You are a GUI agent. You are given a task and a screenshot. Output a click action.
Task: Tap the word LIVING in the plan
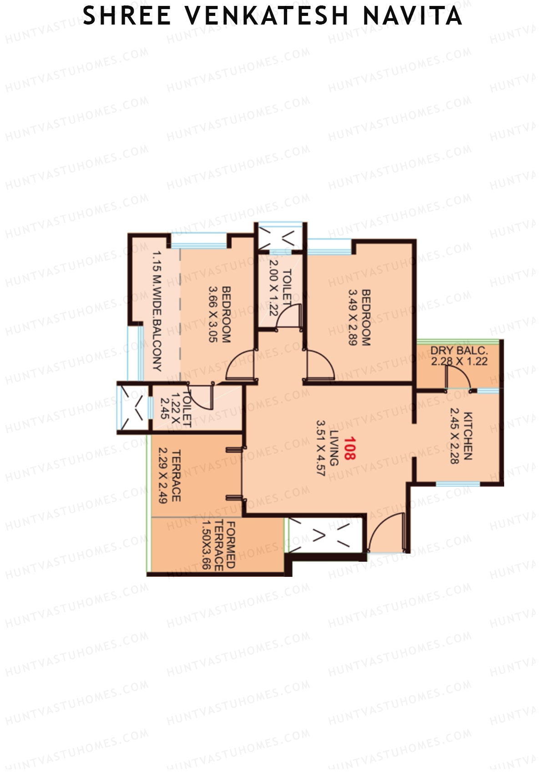point(334,448)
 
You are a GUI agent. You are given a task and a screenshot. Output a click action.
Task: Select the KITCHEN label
point(468,436)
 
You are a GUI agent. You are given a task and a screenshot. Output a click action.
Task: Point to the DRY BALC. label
point(459,351)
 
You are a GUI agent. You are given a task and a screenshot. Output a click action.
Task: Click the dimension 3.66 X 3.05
point(213,314)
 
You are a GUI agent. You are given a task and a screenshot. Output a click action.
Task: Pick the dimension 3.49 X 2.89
point(353,317)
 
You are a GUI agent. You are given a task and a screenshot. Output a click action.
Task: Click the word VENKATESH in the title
point(267,16)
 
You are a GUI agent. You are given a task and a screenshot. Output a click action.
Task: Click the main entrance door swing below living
point(387,532)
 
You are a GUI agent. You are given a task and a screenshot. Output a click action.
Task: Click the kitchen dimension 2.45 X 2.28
point(454,436)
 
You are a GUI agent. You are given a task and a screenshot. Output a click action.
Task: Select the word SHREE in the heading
point(127,16)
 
